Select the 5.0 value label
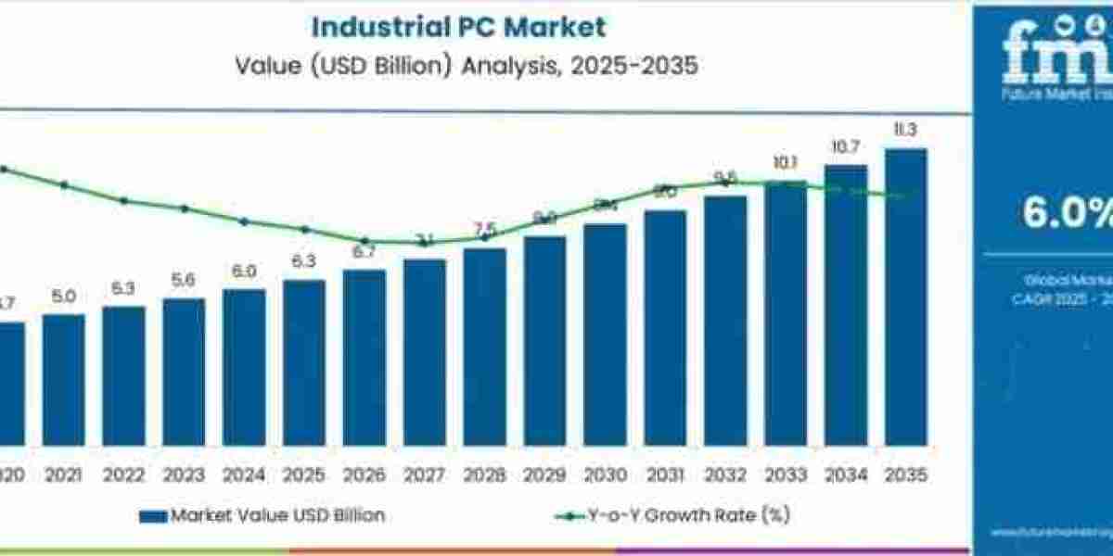click(63, 297)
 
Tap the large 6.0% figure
click(1067, 213)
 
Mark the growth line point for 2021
click(64, 185)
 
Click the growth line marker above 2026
click(365, 241)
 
